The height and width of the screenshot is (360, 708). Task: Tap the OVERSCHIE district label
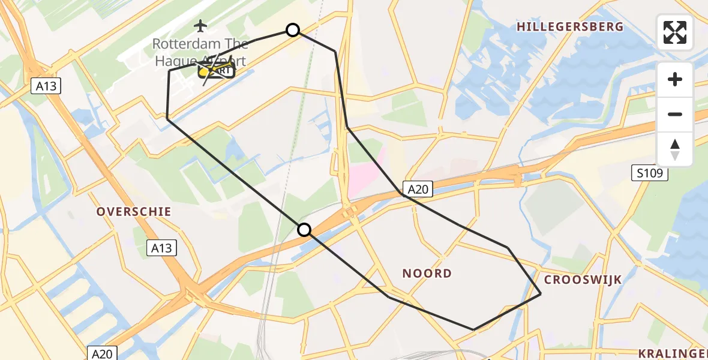[x=134, y=212]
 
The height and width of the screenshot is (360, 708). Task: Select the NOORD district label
[x=427, y=274]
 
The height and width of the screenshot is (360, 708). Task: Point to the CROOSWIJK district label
[x=583, y=280]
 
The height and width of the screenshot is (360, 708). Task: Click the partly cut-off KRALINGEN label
[x=673, y=353]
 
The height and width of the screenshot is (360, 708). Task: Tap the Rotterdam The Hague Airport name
[x=200, y=52]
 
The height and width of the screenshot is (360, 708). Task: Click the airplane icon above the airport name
[x=200, y=25]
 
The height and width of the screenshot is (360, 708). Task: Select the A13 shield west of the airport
[x=46, y=86]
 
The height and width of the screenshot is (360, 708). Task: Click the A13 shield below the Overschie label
[x=162, y=248]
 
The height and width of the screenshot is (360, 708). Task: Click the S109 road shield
[x=650, y=174]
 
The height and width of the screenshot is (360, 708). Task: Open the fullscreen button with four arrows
[x=675, y=32]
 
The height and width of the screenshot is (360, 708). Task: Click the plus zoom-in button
[x=675, y=79]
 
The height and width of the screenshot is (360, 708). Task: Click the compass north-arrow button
[x=675, y=149]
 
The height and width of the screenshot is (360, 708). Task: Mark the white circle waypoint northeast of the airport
[x=293, y=30]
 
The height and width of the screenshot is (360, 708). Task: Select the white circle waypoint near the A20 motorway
[x=304, y=230]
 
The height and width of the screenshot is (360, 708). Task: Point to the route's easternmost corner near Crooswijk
[x=541, y=293]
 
